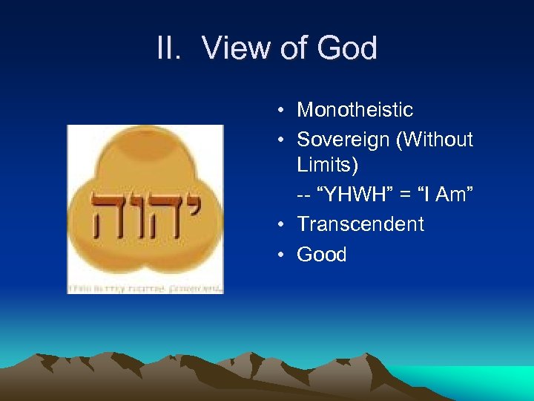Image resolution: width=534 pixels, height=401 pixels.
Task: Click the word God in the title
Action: [x=347, y=49]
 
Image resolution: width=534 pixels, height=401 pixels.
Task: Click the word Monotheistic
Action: [x=355, y=110]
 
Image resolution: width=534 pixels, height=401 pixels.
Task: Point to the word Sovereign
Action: [x=343, y=139]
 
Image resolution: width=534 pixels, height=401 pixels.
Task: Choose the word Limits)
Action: [x=327, y=166]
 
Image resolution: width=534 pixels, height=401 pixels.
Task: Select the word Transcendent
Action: [x=360, y=224]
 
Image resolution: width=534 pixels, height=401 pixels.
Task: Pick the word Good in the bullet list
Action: [x=321, y=254]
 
